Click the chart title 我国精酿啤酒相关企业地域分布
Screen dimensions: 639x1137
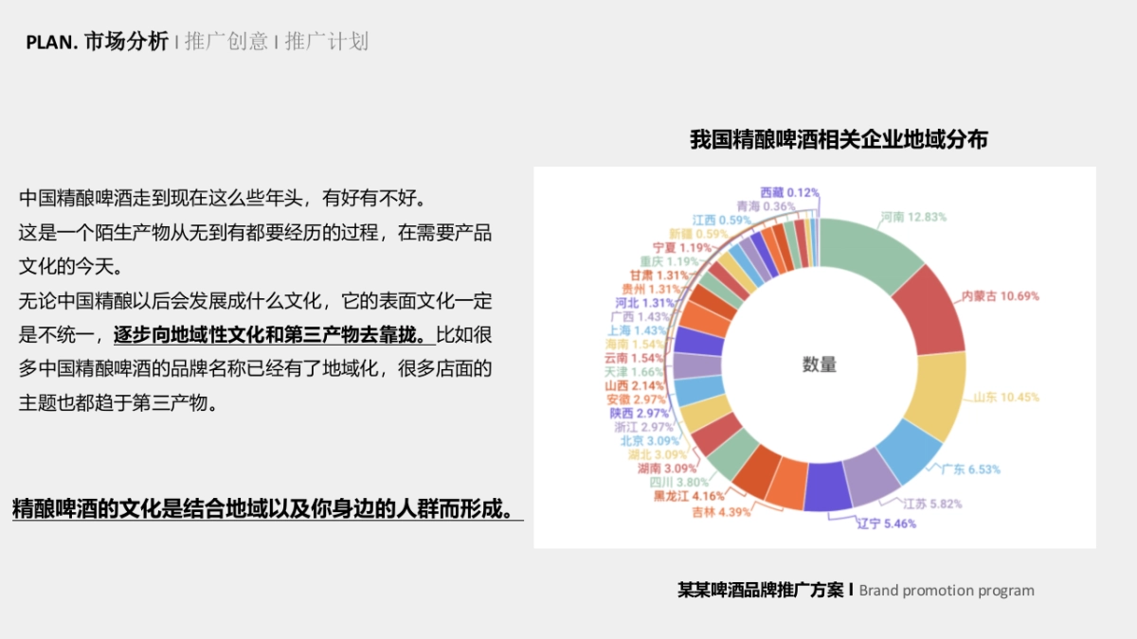[x=839, y=140]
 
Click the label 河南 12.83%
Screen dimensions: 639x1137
[x=913, y=217]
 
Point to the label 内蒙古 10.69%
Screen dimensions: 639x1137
[x=1000, y=296]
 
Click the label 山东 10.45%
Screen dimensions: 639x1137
[x=1005, y=397]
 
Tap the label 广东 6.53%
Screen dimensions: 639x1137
[x=969, y=470]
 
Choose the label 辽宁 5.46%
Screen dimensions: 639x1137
[x=886, y=524]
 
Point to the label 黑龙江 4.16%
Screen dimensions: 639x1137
[x=689, y=495]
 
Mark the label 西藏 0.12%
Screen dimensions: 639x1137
[x=789, y=192]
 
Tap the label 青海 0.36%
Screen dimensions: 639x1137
[x=766, y=205]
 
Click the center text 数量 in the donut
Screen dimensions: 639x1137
[x=820, y=364]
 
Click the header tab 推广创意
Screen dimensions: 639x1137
[x=226, y=42]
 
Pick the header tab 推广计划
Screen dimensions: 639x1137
[x=326, y=42]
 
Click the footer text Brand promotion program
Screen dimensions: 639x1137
[x=947, y=591]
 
